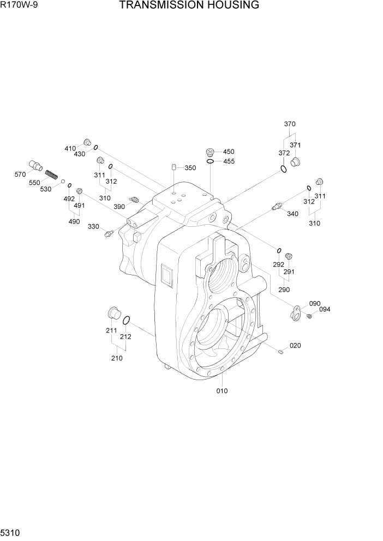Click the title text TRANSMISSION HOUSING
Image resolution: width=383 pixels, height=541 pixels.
point(189,6)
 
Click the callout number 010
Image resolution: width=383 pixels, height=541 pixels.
point(222,390)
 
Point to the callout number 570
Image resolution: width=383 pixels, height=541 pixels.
point(20,175)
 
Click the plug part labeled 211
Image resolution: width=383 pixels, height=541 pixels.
point(112,314)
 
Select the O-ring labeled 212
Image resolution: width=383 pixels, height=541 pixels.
point(126,320)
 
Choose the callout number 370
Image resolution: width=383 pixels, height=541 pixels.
point(290,124)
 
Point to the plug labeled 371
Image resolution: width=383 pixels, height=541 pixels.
point(296,161)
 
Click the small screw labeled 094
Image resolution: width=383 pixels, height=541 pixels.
point(309,316)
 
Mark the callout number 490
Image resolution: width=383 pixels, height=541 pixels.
point(74,221)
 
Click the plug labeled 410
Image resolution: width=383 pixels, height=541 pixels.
point(86,142)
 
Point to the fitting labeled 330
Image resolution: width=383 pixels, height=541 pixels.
point(108,234)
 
